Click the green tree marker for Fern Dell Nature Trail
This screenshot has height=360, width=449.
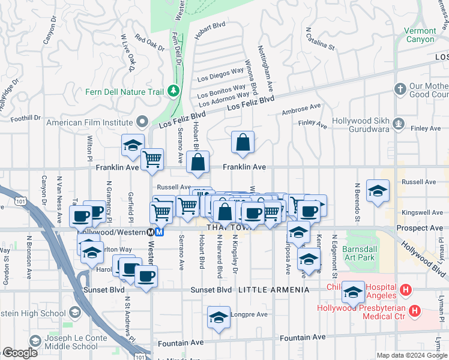tap(174, 91)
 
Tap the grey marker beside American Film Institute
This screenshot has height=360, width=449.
tap(142, 122)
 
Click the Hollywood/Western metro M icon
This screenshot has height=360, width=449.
tap(159, 232)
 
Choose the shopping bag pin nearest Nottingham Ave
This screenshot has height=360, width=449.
tap(243, 143)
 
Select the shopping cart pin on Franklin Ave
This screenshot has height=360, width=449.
tap(152, 160)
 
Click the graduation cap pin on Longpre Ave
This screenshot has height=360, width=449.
tap(218, 317)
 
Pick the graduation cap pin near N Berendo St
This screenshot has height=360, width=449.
tap(378, 191)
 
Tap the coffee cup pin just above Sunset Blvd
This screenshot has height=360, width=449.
tap(146, 277)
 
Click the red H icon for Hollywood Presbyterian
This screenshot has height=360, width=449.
tap(414, 311)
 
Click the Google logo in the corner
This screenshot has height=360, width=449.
tap(20, 353)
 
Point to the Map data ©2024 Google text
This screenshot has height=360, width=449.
tap(411, 355)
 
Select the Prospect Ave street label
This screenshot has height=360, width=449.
tap(420, 229)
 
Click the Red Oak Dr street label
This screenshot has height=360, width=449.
tap(149, 43)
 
